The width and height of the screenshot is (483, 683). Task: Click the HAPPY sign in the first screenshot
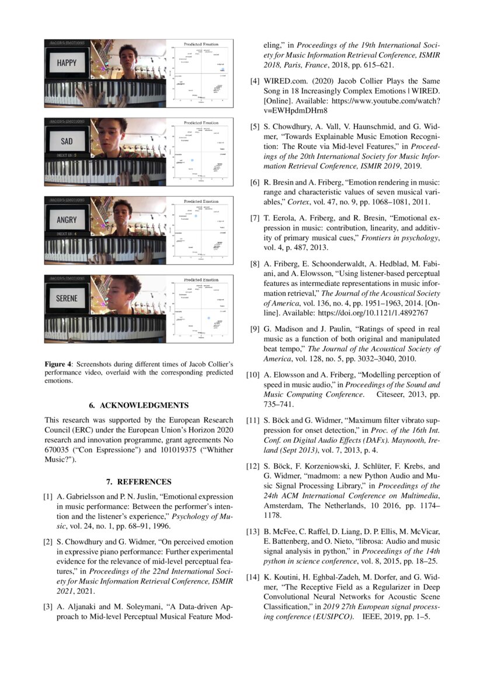click(x=66, y=63)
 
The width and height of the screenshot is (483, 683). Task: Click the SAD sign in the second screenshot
click(x=67, y=141)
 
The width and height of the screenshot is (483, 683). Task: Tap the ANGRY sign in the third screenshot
click(x=67, y=220)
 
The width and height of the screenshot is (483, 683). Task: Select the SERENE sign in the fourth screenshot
click(x=67, y=298)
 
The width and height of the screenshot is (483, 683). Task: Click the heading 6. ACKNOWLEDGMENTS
click(x=139, y=405)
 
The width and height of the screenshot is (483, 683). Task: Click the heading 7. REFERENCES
click(x=139, y=482)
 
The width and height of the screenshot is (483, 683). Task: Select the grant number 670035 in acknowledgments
click(x=58, y=450)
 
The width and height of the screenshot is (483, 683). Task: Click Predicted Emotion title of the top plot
click(x=201, y=44)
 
